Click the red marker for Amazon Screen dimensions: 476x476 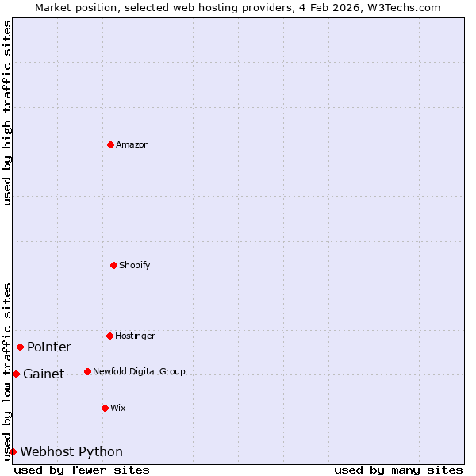(x=110, y=144)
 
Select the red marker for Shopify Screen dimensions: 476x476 (x=113, y=265)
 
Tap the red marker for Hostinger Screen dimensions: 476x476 (x=109, y=336)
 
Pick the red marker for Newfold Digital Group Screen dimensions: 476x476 (x=87, y=371)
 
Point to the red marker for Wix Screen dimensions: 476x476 (x=105, y=408)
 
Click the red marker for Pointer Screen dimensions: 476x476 (x=20, y=347)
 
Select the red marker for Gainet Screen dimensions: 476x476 (x=16, y=374)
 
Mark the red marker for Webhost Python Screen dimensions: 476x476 (x=13, y=451)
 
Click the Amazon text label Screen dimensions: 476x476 (x=132, y=144)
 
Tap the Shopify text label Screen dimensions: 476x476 (x=135, y=265)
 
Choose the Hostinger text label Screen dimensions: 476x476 (x=136, y=336)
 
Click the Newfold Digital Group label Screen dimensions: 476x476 (x=139, y=371)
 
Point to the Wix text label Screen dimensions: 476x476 (x=118, y=408)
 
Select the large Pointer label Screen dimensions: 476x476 (x=49, y=347)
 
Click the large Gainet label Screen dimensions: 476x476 (x=44, y=374)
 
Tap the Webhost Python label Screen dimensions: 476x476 (x=71, y=451)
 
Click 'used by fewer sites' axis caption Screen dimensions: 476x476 (x=82, y=470)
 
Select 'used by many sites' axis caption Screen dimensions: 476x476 (x=398, y=470)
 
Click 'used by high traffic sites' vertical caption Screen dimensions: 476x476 (x=7, y=113)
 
